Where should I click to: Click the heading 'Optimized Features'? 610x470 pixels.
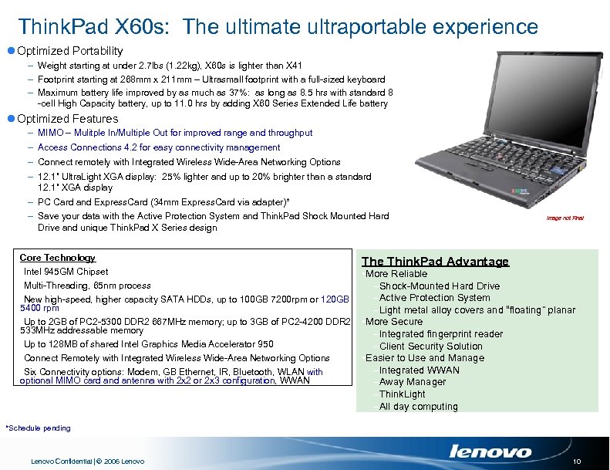[x=67, y=119]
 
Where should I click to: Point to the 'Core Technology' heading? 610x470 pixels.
[x=57, y=258]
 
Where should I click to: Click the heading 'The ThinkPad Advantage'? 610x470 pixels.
[x=435, y=262]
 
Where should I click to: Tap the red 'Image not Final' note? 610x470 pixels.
[x=565, y=218]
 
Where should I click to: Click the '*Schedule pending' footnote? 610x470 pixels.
[x=38, y=428]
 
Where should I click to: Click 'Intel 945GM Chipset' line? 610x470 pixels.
[x=66, y=272]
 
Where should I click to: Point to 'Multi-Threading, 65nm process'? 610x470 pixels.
[x=87, y=286]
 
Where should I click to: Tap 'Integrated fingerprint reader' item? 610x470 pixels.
[x=440, y=334]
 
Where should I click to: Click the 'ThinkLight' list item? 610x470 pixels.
[x=402, y=394]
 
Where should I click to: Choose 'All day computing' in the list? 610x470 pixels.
[x=418, y=407]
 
